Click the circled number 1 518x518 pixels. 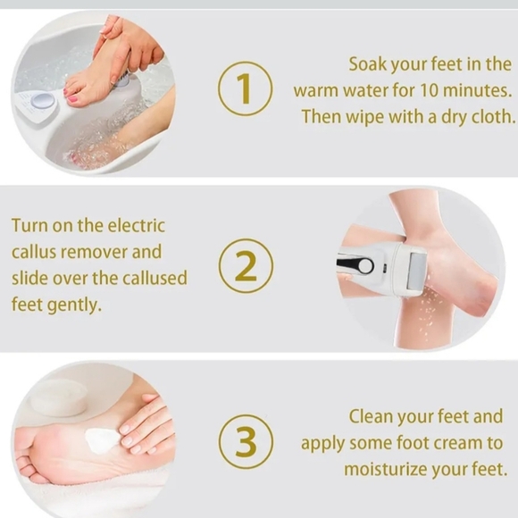(246, 89)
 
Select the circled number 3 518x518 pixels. (246, 441)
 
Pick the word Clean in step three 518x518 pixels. (373, 416)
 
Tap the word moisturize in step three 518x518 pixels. (388, 468)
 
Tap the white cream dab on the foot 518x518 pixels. (103, 439)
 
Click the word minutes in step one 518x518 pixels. (478, 90)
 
